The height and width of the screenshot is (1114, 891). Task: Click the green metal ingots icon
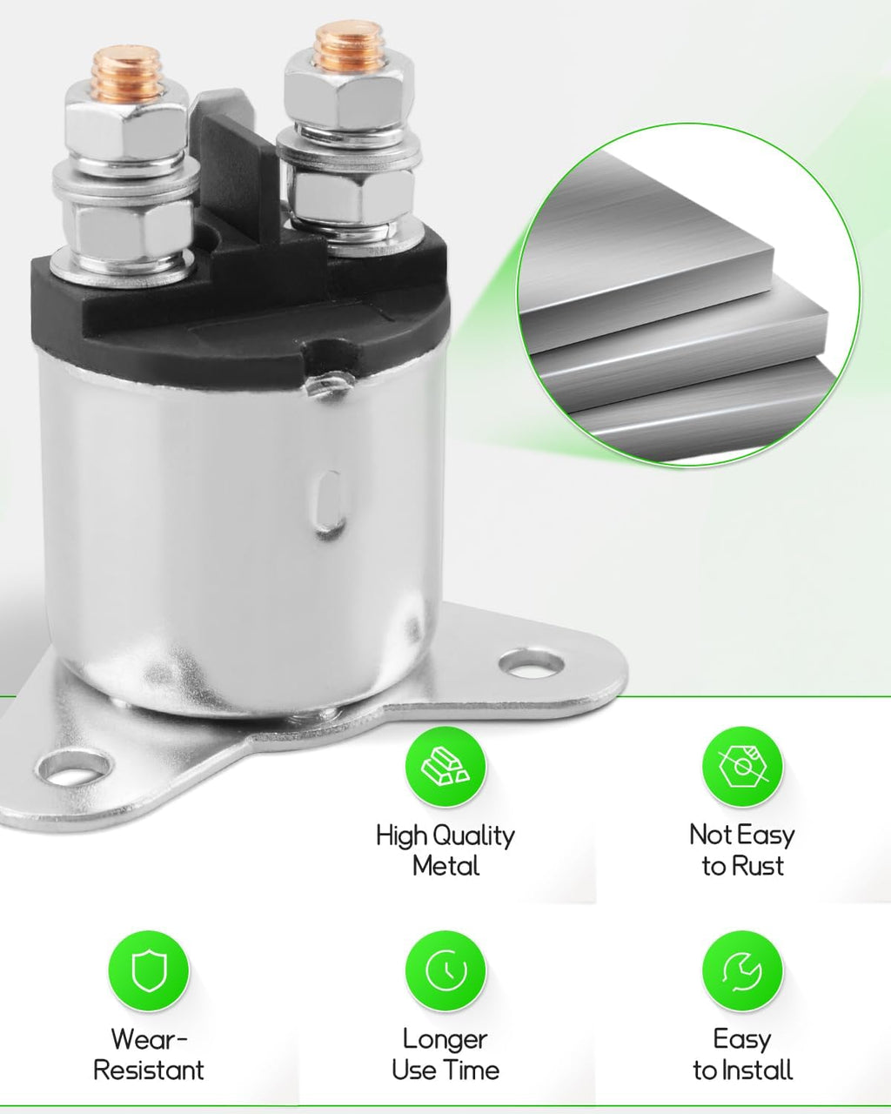[445, 767]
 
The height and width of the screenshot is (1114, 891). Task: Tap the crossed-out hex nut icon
[742, 767]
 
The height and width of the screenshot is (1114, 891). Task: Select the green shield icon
[149, 970]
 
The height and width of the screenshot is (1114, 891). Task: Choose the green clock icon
[445, 970]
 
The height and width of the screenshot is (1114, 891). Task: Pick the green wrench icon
[742, 970]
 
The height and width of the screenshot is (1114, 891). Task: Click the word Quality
[473, 837]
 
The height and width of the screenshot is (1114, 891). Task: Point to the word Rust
[758, 867]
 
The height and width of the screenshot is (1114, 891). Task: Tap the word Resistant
[149, 1070]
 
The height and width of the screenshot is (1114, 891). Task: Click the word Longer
[445, 1041]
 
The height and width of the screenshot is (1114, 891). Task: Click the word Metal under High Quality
[445, 867]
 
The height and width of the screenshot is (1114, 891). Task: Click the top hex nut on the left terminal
[125, 126]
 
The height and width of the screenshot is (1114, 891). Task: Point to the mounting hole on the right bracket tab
[532, 665]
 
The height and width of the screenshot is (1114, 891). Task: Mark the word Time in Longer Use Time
[472, 1070]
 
